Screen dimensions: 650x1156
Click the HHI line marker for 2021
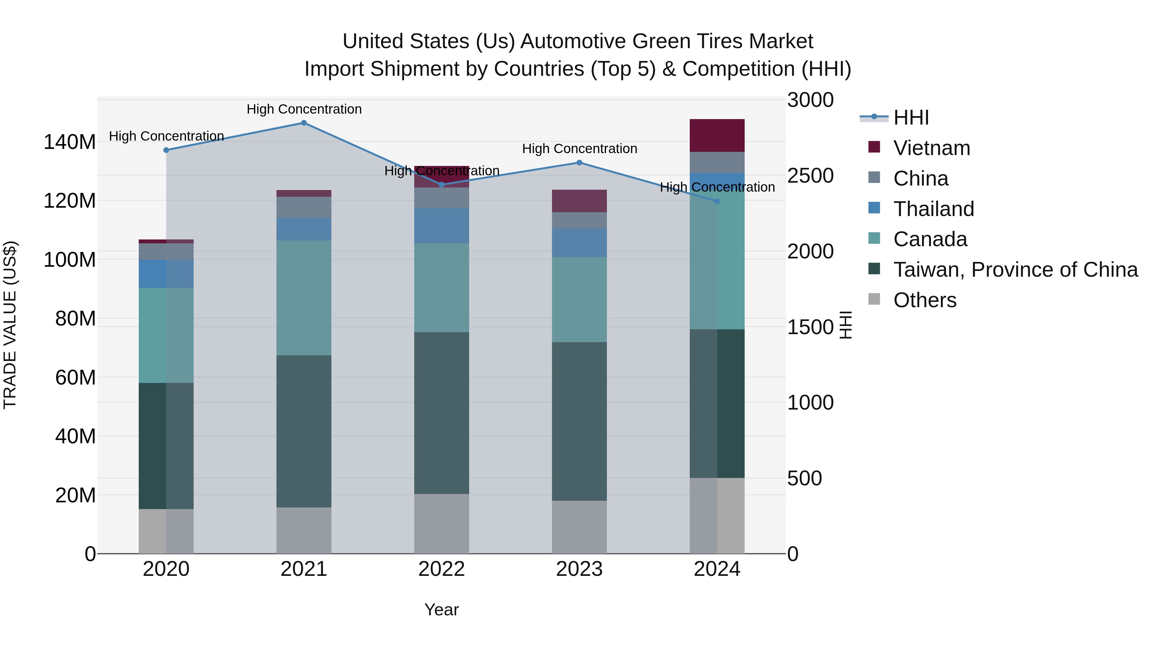click(x=304, y=123)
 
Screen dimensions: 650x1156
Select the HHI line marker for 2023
click(x=579, y=163)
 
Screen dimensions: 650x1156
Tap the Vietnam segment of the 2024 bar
click(x=717, y=135)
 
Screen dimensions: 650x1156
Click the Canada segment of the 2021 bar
click(x=304, y=298)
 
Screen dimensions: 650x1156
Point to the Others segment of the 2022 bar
click(x=441, y=524)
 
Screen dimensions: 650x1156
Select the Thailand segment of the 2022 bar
click(x=441, y=226)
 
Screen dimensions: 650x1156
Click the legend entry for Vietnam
click(x=931, y=148)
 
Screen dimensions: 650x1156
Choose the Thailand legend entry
click(x=933, y=209)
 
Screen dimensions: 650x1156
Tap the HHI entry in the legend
click(x=911, y=117)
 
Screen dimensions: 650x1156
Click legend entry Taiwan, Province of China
click(x=1015, y=270)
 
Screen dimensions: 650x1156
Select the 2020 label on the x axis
click(x=166, y=569)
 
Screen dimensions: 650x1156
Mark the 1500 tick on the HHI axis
click(x=810, y=327)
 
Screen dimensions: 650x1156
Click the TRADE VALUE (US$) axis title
click(x=10, y=325)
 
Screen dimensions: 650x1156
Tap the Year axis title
click(x=441, y=610)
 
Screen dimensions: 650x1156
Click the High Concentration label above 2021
click(x=304, y=109)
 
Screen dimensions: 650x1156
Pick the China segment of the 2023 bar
click(x=579, y=220)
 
